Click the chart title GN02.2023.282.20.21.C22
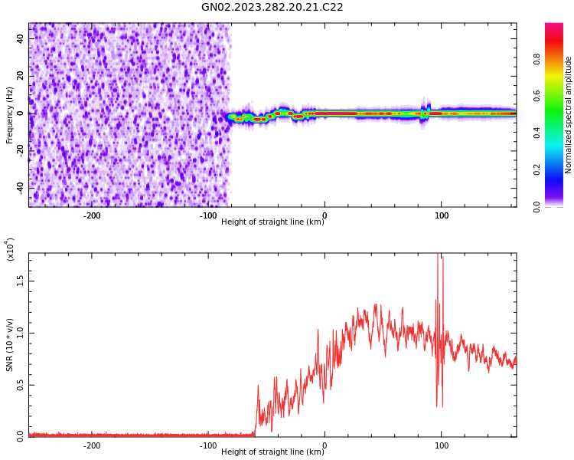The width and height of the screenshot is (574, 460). coord(272,8)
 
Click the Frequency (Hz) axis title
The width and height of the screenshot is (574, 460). coord(10,115)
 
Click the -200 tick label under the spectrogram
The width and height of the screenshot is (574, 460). coord(91,215)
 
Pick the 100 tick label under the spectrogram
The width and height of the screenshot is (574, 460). coord(442,215)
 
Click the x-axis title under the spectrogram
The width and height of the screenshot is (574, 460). coord(272,222)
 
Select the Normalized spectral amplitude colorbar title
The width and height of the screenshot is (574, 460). coord(569,115)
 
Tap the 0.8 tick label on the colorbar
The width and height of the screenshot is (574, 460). coord(537,58)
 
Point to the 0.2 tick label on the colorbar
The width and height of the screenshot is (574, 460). coord(537,169)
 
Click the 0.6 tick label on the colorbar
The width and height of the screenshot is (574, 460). coord(537,95)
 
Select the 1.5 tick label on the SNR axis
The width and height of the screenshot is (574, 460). coord(20,281)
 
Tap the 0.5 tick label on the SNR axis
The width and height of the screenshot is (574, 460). coord(20,385)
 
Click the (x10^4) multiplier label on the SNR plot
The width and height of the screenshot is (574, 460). coord(10,250)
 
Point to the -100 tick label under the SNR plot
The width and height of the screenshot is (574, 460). coord(207,445)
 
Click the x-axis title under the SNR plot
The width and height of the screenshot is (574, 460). coord(272,452)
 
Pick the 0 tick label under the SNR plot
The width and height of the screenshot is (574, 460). coord(325,445)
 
